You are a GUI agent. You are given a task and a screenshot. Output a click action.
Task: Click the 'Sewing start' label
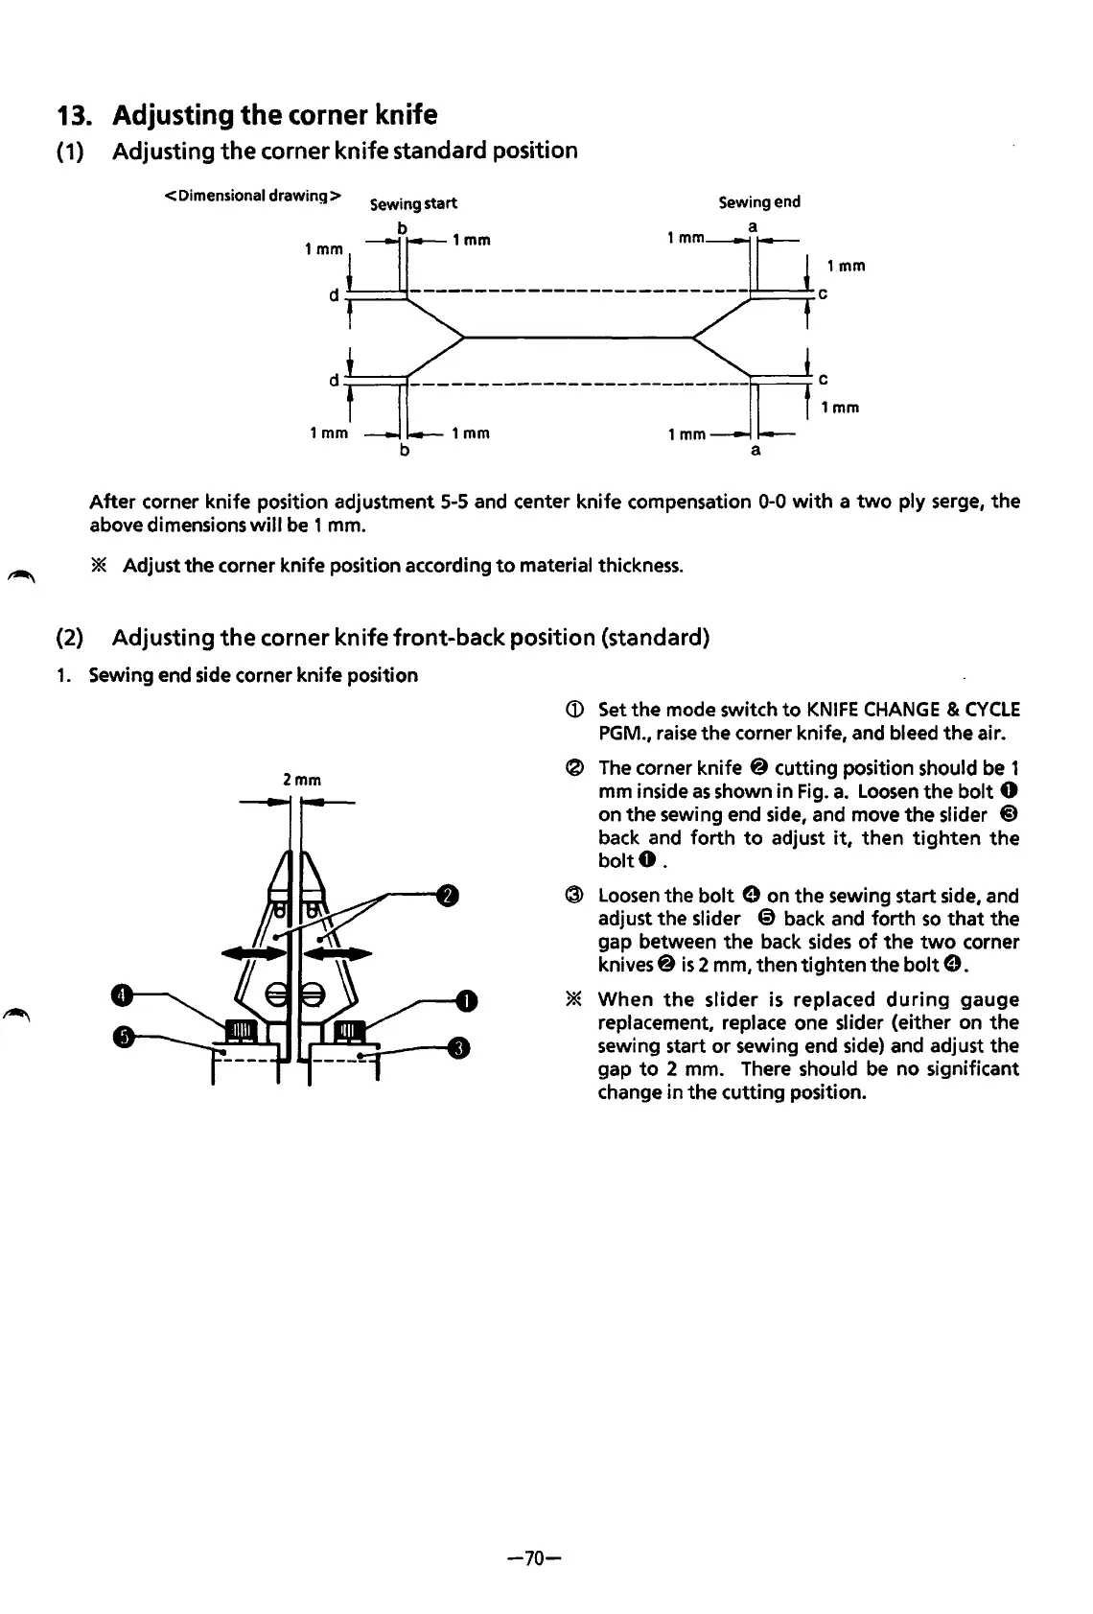pos(413,203)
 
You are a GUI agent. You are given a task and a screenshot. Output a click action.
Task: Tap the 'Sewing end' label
pos(758,201)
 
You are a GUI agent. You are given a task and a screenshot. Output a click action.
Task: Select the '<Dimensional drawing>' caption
pos(252,196)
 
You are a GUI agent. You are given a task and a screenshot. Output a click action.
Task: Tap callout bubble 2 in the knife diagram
pos(448,896)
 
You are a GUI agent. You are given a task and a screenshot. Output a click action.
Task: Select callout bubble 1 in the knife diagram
pos(467,1000)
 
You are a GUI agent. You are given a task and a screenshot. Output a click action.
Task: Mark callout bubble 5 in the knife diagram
pos(121,1037)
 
